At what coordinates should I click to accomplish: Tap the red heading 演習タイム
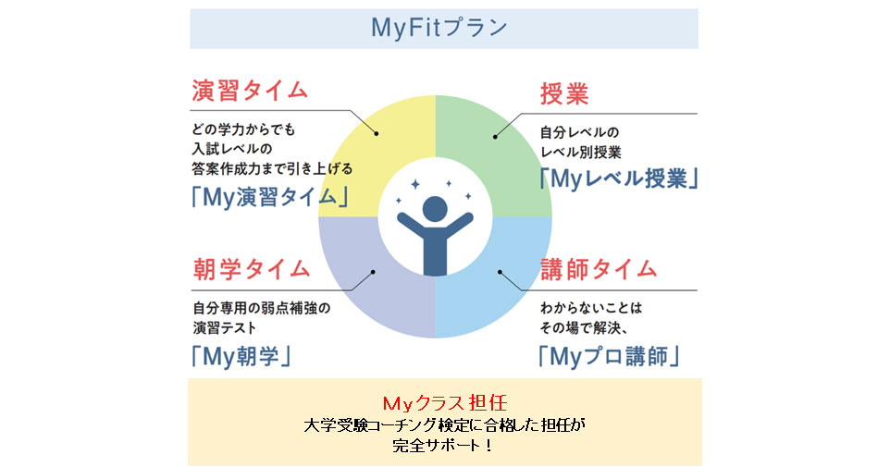(x=250, y=91)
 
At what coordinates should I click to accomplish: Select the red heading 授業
(x=564, y=94)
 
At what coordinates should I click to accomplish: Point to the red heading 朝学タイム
(x=251, y=269)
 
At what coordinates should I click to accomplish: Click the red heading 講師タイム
(x=599, y=269)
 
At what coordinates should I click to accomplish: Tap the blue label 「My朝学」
(x=242, y=355)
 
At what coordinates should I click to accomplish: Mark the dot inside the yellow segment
(x=377, y=135)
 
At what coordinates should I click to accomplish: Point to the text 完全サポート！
(x=443, y=445)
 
